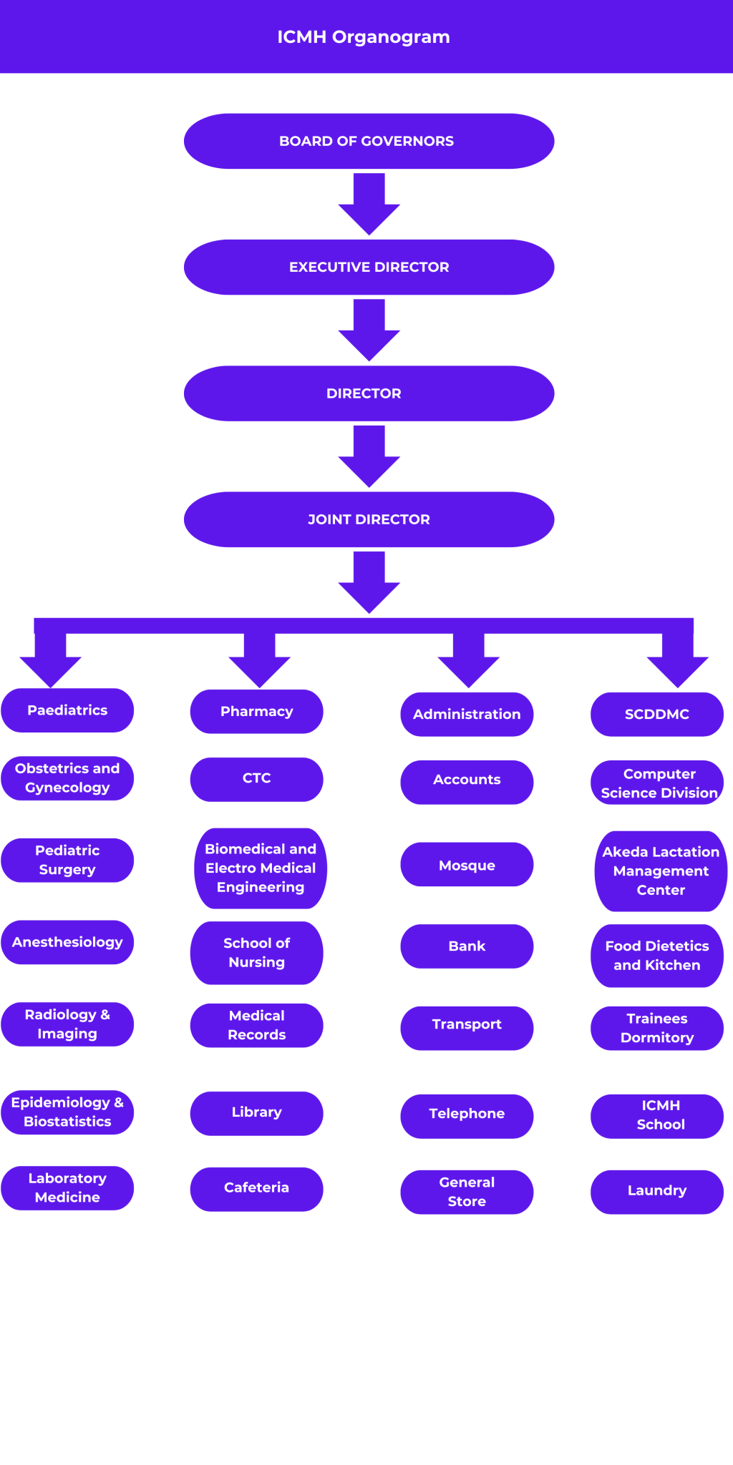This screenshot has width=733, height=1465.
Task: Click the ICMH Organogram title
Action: pos(364,37)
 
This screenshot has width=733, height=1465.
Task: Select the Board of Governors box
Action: pos(369,141)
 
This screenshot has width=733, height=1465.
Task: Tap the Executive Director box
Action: pos(369,267)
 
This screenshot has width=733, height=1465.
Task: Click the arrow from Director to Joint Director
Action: pos(369,455)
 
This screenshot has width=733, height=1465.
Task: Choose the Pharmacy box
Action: pos(256,711)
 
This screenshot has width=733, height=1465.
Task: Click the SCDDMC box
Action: pos(656,714)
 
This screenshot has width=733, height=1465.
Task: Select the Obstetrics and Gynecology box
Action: pos(67,778)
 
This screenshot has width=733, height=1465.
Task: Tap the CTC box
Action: pos(256,778)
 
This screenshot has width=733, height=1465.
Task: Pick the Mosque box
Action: pos(467,865)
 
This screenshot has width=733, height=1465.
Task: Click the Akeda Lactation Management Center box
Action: pos(660,871)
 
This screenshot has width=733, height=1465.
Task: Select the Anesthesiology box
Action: pos(67,942)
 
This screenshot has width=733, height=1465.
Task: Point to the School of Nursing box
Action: pos(256,952)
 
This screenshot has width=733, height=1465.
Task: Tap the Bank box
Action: pos(467,946)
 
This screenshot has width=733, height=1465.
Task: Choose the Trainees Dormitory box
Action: pos(656,1028)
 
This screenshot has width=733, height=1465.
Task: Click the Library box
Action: pos(256,1112)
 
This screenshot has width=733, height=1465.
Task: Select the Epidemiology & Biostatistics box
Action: pos(67,1112)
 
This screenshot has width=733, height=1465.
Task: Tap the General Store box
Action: pos(467,1192)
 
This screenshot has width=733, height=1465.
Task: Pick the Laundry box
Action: pos(656,1191)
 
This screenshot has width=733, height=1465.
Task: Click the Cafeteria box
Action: pos(256,1188)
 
